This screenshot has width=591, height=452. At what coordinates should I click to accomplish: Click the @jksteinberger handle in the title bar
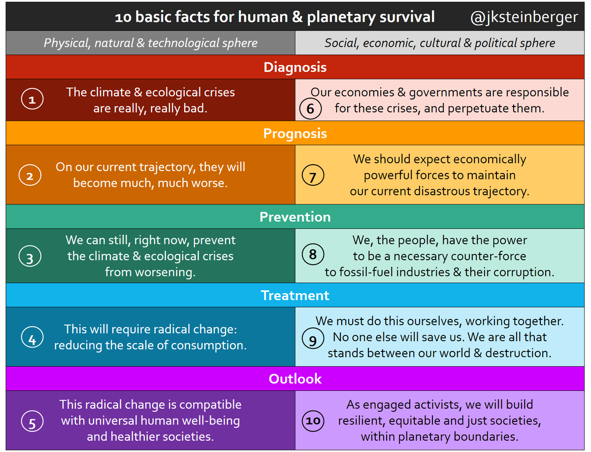[524, 17]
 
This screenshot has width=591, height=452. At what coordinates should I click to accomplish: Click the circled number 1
[32, 100]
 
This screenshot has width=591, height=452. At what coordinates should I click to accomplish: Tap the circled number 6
[310, 108]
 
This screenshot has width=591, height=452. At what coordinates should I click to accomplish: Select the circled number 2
[30, 176]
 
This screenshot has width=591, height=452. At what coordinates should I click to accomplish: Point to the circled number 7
[313, 176]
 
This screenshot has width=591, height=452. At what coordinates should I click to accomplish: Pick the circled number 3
[30, 257]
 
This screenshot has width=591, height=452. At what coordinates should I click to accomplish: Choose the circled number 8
[313, 255]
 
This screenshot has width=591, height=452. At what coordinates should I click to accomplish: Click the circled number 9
[313, 340]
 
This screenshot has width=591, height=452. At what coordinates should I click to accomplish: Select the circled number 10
[313, 421]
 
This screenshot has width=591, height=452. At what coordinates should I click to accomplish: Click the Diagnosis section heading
[295, 67]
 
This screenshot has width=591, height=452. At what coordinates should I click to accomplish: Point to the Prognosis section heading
[295, 134]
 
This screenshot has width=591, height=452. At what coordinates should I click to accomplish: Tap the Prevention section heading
[295, 217]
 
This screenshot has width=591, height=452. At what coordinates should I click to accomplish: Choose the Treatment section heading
[295, 295]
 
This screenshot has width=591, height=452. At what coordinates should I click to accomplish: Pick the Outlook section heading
[295, 379]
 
